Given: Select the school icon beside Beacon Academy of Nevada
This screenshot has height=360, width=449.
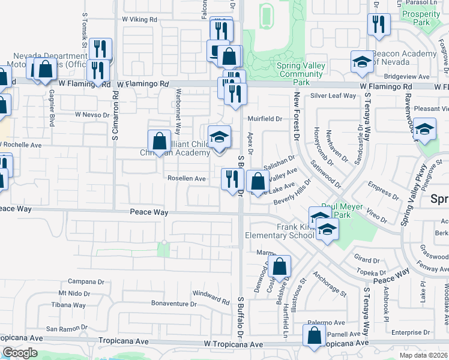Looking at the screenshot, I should coord(362,62).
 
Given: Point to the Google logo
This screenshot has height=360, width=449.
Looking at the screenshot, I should coord(20,353).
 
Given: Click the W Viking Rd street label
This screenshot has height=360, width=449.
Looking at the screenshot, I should coord(139,19).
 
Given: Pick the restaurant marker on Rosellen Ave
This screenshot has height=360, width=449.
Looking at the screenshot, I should coord(232,179).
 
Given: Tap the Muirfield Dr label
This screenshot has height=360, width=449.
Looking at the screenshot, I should coord(265,119).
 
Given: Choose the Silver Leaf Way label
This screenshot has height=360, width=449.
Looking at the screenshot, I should coord(333,96).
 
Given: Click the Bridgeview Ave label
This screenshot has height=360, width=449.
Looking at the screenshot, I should coord(407,77).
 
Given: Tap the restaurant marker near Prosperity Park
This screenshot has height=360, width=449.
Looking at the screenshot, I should coord(379,25).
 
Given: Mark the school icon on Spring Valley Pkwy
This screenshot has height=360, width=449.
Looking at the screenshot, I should coord(424,130).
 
